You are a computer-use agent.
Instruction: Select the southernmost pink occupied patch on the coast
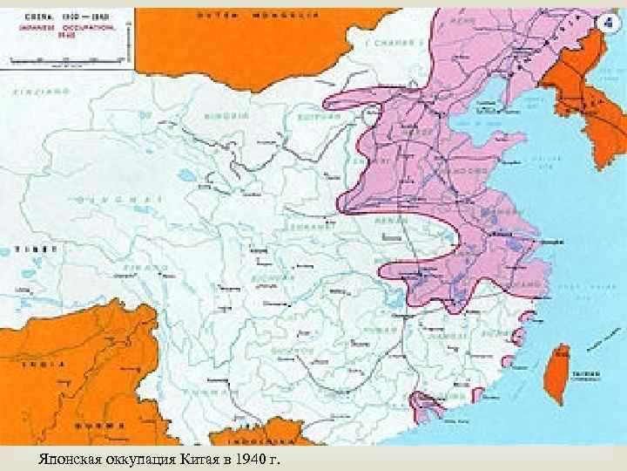click(x=426, y=405)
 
